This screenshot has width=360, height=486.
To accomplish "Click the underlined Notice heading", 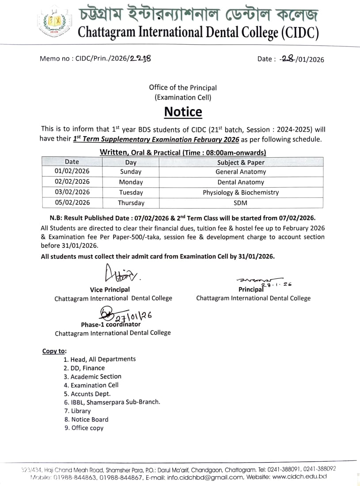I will (x=183, y=112).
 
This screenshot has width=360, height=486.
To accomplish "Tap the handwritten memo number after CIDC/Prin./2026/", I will (x=140, y=58).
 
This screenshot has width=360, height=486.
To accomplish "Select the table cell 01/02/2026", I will (x=72, y=171).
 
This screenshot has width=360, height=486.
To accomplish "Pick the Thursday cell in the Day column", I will (x=131, y=203).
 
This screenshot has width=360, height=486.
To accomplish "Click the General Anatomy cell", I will (x=241, y=172).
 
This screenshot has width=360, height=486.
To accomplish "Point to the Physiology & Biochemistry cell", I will (x=241, y=193).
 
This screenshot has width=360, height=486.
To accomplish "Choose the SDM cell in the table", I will (x=241, y=203).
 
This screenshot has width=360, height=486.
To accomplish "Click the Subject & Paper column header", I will (x=241, y=162).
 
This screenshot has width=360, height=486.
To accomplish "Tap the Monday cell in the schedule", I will (x=131, y=182).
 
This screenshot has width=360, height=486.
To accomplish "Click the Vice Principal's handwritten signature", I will (x=120, y=274).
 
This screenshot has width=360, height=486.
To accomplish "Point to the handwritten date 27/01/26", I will (x=133, y=316).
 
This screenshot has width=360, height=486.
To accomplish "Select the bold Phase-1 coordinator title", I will (x=110, y=325).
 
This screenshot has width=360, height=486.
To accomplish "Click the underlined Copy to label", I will (x=54, y=351).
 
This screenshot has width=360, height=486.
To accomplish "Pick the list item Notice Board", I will (x=90, y=419).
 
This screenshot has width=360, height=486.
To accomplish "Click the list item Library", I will (x=80, y=411).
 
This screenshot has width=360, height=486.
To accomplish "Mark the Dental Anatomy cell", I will (x=241, y=182).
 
